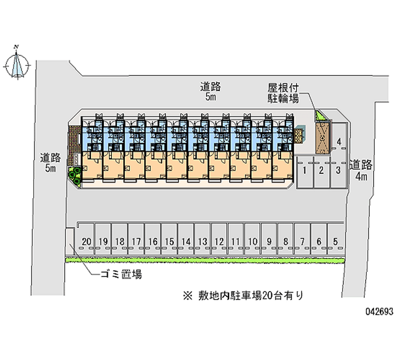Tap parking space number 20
coord(86,239)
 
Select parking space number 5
coord(336,239)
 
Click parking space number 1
coord(304,172)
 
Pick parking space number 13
coord(202,239)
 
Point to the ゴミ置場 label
coord(121,274)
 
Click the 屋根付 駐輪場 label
coord(283,93)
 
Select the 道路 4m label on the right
coord(361,170)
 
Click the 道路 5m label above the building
coord(210,91)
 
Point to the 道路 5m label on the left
coord(50,163)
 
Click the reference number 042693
coord(380,311)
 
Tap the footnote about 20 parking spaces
coord(243,296)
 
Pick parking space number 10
coord(252,239)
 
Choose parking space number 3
coord(338,172)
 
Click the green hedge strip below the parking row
coord(205,260)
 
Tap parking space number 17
coord(136,239)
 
